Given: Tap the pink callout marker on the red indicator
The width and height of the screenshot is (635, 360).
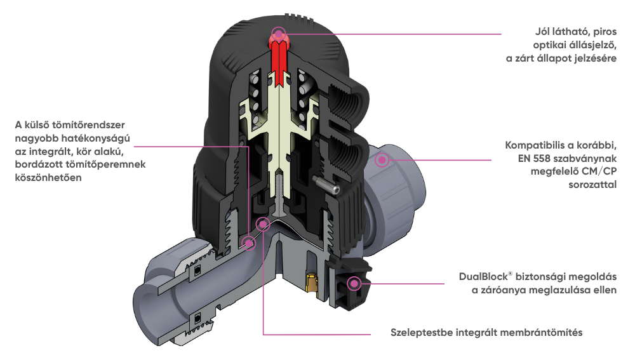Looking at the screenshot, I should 278,33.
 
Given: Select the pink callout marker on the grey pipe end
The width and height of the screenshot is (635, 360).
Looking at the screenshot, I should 382,160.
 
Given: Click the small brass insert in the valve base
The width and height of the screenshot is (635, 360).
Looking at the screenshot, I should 310,284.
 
